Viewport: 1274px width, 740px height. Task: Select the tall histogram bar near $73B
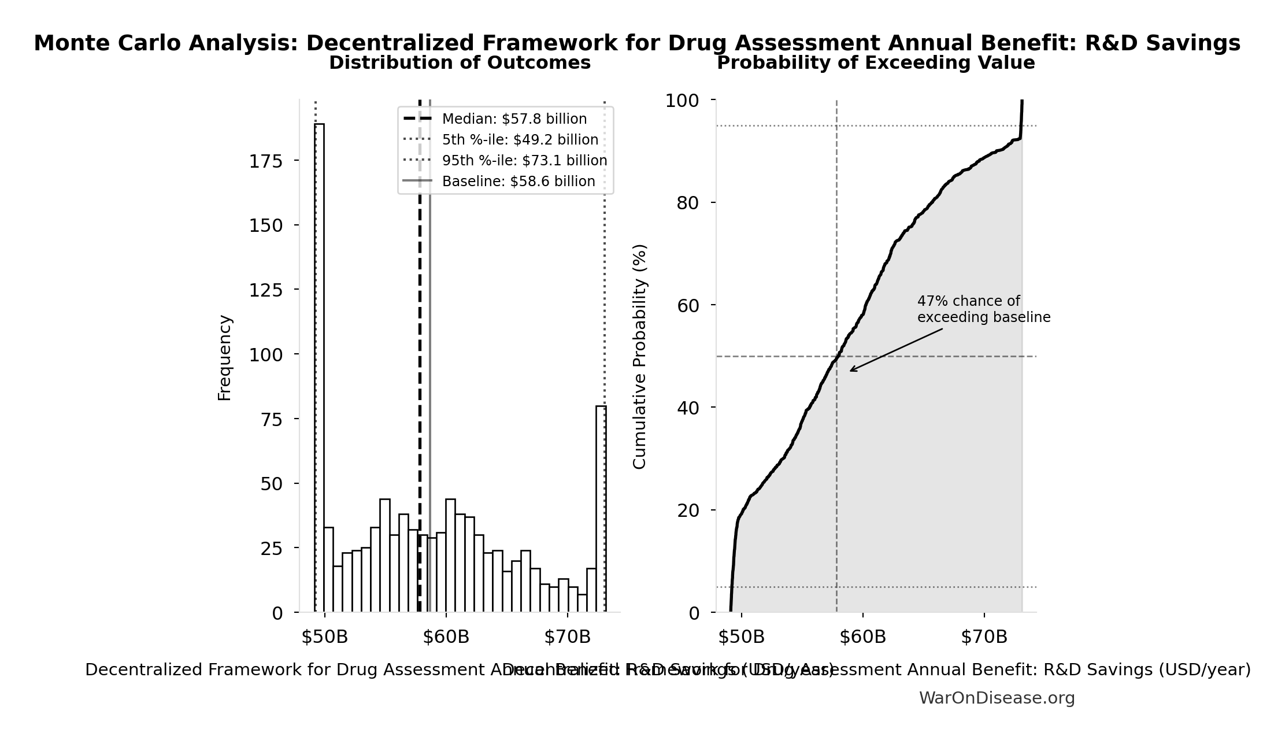click(x=601, y=509)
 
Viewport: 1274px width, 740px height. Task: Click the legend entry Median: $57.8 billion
click(x=514, y=119)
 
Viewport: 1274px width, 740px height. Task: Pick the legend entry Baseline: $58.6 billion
click(x=518, y=182)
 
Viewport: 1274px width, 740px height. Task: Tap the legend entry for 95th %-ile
click(x=524, y=161)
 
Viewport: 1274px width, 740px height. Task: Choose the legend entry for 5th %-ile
click(x=520, y=140)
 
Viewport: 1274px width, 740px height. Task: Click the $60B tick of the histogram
click(x=446, y=637)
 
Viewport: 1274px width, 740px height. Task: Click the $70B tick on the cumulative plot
click(x=984, y=637)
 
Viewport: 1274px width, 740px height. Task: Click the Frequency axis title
click(x=224, y=357)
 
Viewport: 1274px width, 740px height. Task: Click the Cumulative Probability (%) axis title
click(x=639, y=356)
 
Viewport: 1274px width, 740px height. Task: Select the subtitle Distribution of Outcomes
click(x=460, y=63)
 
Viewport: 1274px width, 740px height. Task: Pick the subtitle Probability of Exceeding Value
click(x=876, y=63)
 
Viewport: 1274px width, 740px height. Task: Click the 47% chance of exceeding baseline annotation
click(x=983, y=309)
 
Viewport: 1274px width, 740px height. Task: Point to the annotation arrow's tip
click(x=850, y=371)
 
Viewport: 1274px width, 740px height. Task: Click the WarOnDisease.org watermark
click(x=997, y=698)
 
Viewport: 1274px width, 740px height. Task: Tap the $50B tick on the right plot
click(x=741, y=637)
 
